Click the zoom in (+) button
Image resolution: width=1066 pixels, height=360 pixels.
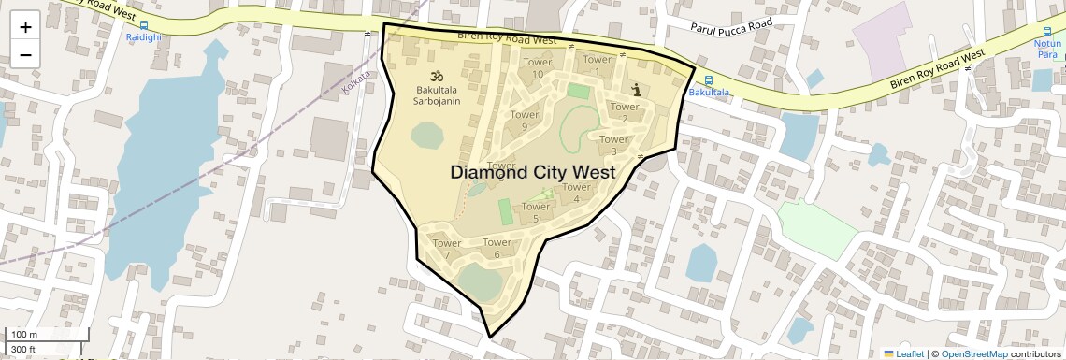(25, 27)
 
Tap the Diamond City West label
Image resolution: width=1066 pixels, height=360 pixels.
(532, 172)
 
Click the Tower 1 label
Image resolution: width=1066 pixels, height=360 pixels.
(597, 65)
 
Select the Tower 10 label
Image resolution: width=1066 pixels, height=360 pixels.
(537, 68)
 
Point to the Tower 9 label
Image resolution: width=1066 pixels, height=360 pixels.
(525, 121)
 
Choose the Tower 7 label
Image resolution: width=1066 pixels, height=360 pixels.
(447, 250)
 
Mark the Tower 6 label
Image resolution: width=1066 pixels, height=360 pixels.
(497, 248)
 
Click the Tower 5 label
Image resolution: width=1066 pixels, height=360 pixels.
(536, 212)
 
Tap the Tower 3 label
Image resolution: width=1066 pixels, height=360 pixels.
(613, 145)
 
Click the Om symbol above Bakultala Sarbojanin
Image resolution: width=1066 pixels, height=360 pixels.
(434, 76)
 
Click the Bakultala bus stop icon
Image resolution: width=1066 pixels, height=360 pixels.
(708, 80)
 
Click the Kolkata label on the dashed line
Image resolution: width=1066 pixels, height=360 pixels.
(356, 81)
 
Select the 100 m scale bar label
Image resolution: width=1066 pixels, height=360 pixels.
(23, 335)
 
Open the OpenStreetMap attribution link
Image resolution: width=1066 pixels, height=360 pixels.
(973, 353)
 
